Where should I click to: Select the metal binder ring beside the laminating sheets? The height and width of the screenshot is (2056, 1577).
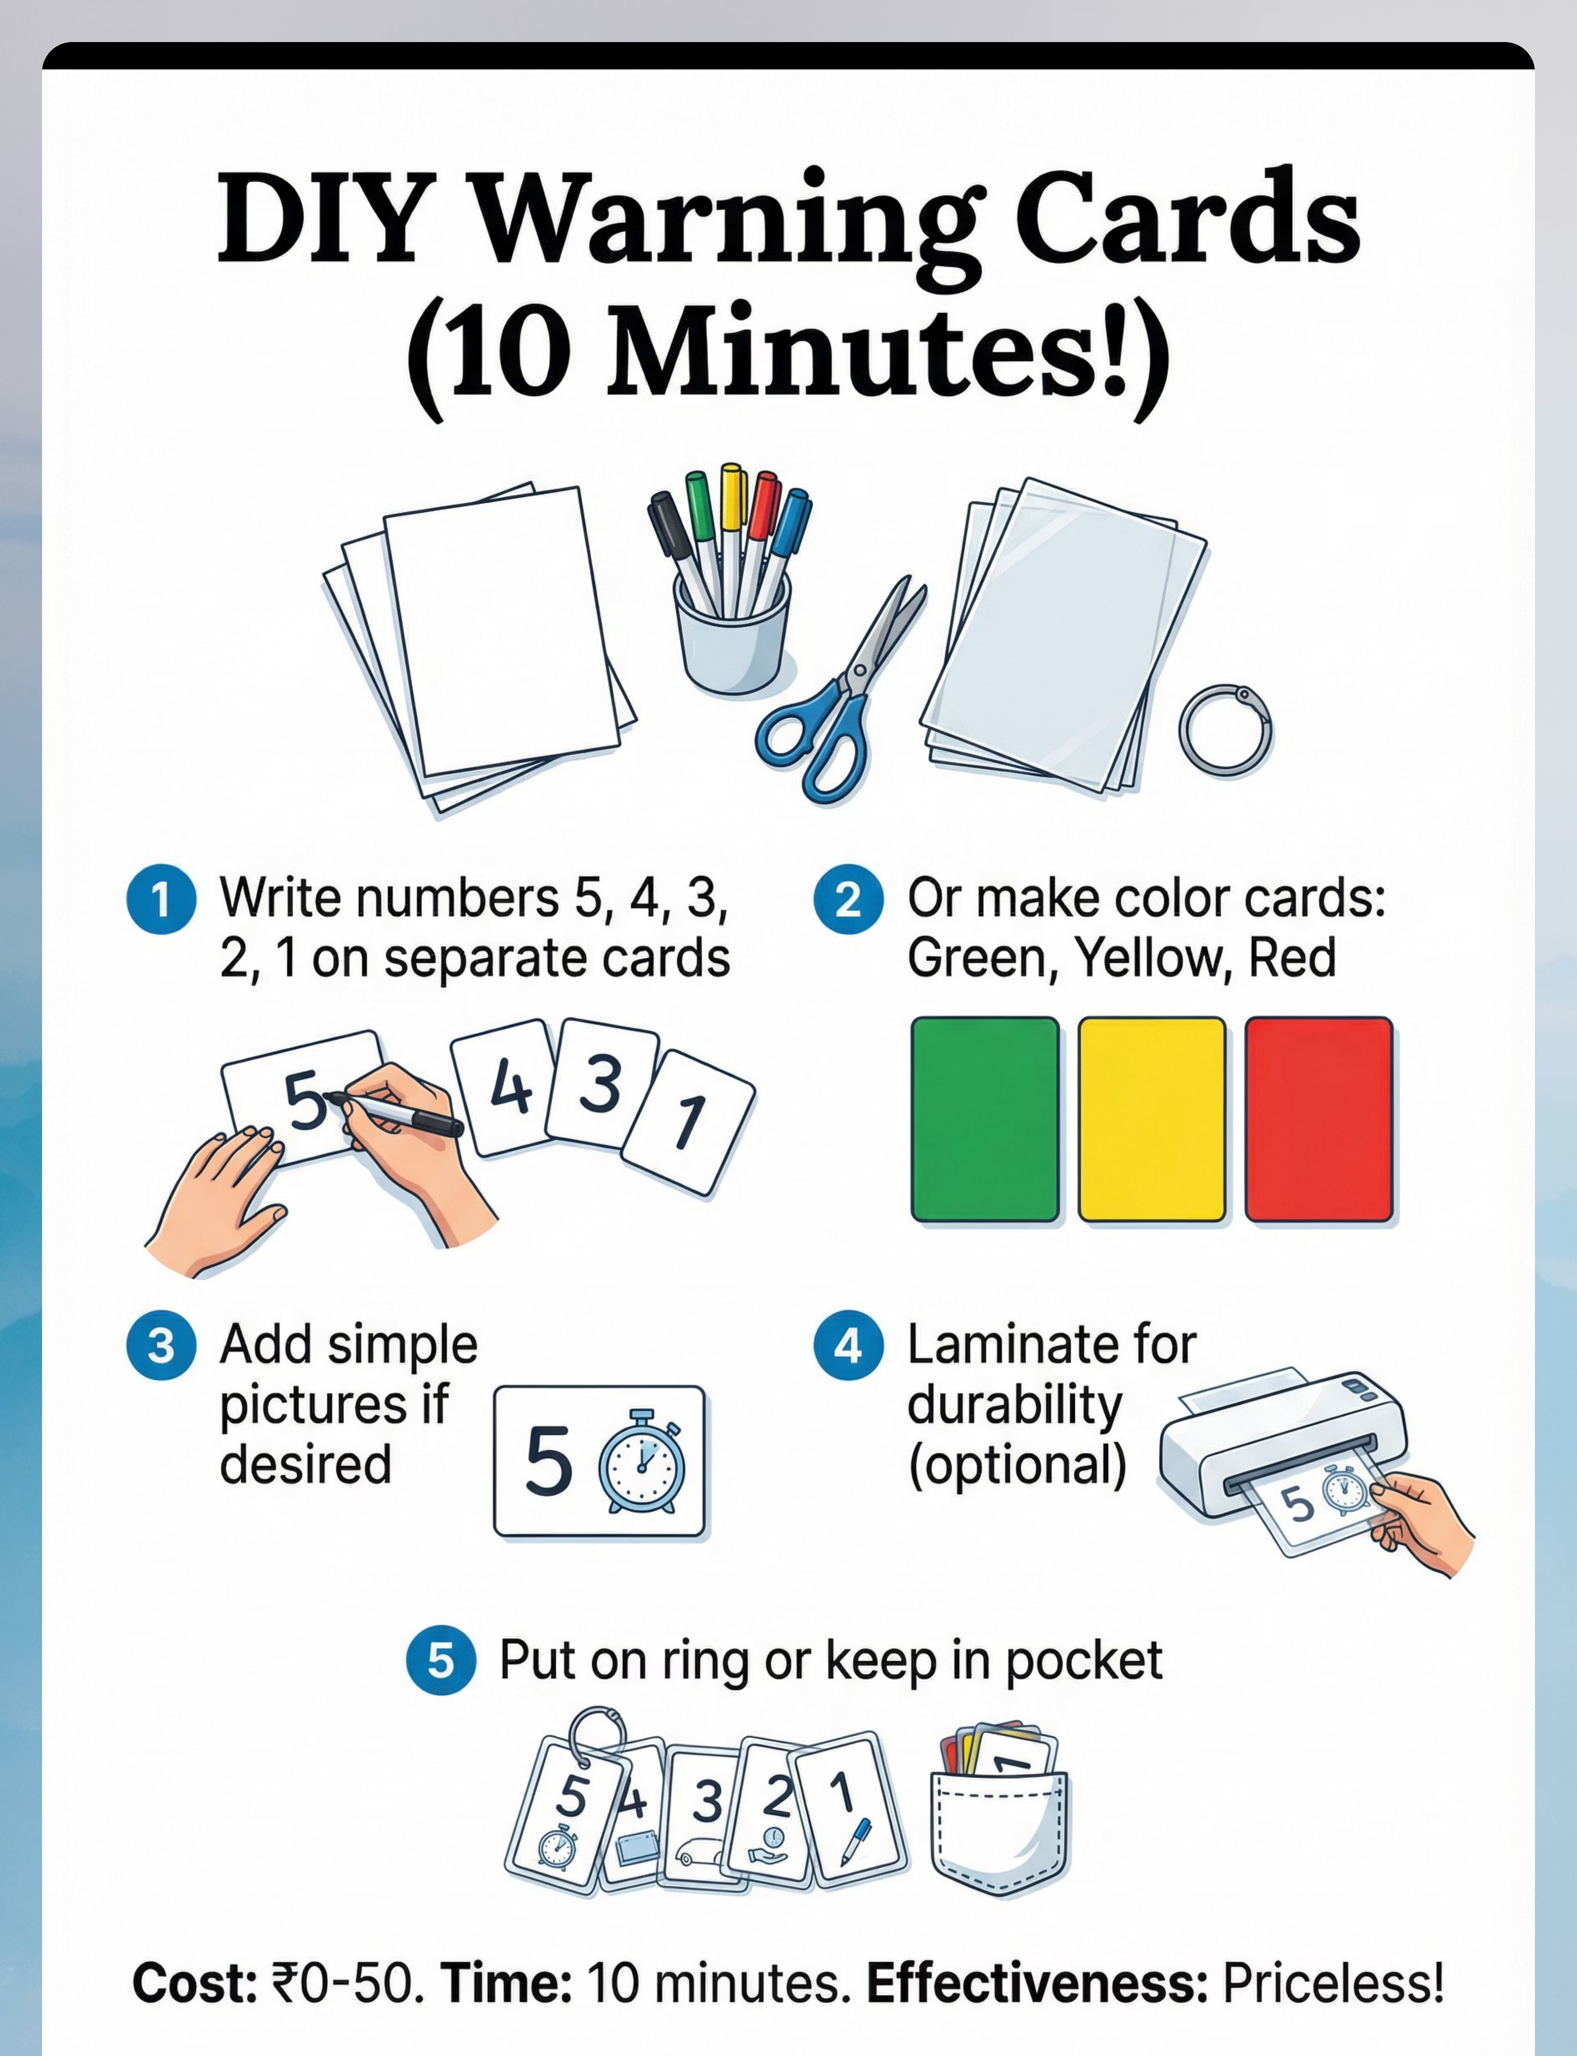click(1225, 730)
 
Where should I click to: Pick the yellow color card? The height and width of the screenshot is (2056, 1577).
click(1152, 1119)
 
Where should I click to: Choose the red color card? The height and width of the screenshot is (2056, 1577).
click(1319, 1119)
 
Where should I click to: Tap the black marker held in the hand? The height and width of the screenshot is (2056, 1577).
click(394, 1112)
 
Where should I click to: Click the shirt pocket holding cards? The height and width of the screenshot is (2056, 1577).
click(999, 1831)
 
